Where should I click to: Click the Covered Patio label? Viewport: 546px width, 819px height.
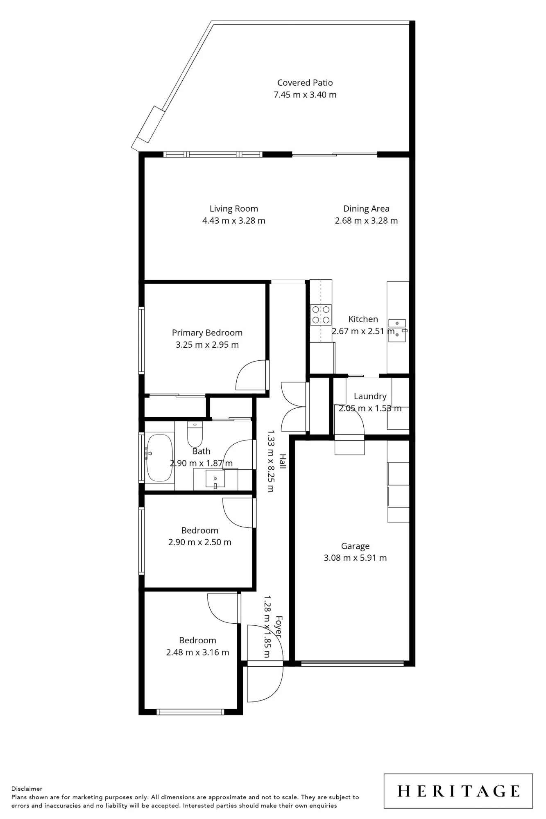[x=305, y=83]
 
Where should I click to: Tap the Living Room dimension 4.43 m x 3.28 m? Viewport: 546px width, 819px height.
[x=234, y=221]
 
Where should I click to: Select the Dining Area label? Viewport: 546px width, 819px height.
[x=366, y=209]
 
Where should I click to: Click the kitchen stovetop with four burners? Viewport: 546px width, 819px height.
[x=321, y=315]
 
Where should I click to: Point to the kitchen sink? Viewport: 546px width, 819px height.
[x=397, y=330]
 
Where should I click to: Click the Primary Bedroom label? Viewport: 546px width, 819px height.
[x=207, y=333]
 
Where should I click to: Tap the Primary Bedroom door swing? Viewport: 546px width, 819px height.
[x=252, y=375]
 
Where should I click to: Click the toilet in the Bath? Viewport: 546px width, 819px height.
[x=195, y=434]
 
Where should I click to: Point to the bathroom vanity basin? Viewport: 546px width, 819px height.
[x=215, y=479]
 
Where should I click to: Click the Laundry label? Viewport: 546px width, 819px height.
[x=370, y=396]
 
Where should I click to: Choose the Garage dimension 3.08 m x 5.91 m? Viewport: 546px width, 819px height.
[x=355, y=558]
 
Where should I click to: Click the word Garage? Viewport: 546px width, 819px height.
[x=355, y=546]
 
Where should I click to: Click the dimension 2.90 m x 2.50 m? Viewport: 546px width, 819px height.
[x=200, y=542]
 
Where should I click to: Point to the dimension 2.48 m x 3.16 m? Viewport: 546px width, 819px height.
[x=197, y=652]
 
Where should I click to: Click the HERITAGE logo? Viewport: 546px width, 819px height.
[x=458, y=791]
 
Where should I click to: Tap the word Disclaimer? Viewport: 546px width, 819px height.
[x=27, y=789]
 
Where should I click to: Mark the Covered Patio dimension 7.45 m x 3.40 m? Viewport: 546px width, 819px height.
[x=305, y=95]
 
